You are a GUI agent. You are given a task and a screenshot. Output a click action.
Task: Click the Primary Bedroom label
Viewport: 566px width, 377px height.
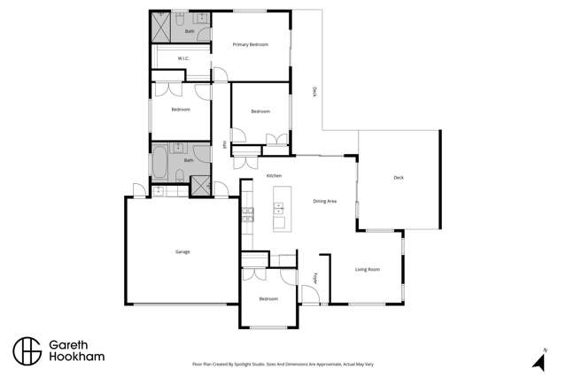[250, 44]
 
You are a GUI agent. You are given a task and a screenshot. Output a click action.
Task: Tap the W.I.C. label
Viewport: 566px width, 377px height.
[183, 59]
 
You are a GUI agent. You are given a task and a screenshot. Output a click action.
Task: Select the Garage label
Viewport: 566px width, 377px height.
[182, 252]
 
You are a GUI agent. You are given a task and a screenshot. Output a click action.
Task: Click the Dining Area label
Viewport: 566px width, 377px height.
[324, 202]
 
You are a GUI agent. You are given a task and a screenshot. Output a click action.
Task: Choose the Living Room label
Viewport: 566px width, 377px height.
[367, 269]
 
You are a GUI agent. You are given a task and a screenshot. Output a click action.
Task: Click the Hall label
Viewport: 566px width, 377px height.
[225, 144]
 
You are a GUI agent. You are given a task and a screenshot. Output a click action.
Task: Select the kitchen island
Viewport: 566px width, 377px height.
[278, 207]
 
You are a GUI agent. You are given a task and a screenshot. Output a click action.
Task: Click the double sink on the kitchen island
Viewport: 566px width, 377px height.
[278, 209]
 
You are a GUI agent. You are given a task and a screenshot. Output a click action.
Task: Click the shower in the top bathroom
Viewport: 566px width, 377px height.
[162, 28]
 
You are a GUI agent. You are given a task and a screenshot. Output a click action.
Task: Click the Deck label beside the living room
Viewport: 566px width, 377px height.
[398, 178]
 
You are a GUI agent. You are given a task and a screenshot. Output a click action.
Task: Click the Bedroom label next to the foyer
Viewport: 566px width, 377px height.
[268, 299]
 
